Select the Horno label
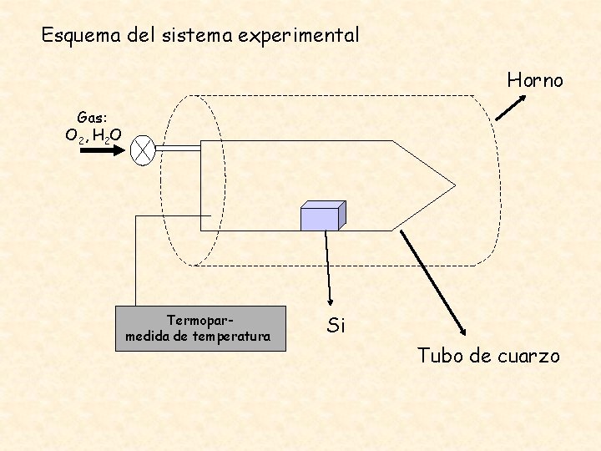pyautogui.click(x=535, y=80)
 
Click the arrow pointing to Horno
pyautogui.click(x=511, y=107)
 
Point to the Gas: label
pyautogui.click(x=92, y=118)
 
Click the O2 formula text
pyautogui.click(x=75, y=135)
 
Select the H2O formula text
pyautogui.click(x=107, y=135)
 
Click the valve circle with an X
pyautogui.click(x=145, y=149)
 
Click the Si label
pyautogui.click(x=336, y=325)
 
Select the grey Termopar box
pyautogui.click(x=200, y=328)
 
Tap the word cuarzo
pyautogui.click(x=529, y=356)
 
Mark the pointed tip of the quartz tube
pyautogui.click(x=453, y=185)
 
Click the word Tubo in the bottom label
pyautogui.click(x=440, y=356)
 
